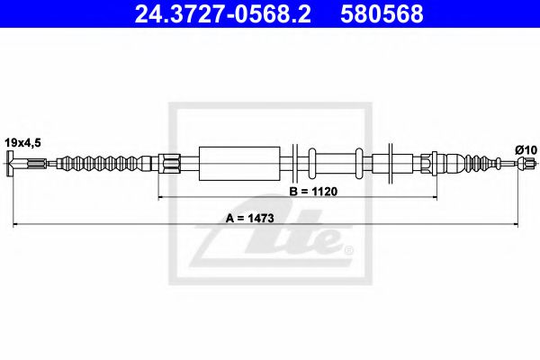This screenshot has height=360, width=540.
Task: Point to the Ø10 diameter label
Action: coord(526,148)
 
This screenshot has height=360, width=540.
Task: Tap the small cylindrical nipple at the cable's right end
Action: coord(531,164)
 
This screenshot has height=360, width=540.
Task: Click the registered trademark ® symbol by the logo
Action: coord(349,249)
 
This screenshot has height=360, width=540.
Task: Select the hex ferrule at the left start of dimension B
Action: coord(170,164)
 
